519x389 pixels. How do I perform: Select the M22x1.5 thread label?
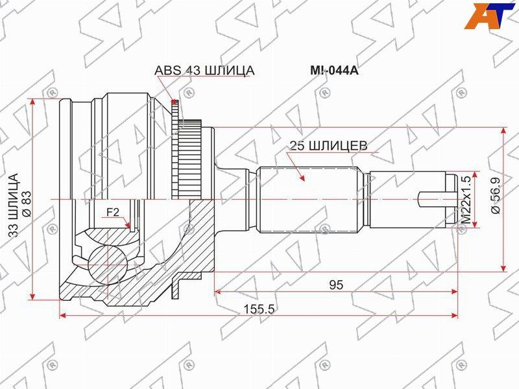coord(465,199)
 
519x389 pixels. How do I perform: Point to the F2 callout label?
coord(113,212)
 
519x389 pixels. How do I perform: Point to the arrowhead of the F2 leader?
coord(130,226)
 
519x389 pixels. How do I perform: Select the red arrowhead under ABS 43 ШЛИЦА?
coord(173,101)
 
